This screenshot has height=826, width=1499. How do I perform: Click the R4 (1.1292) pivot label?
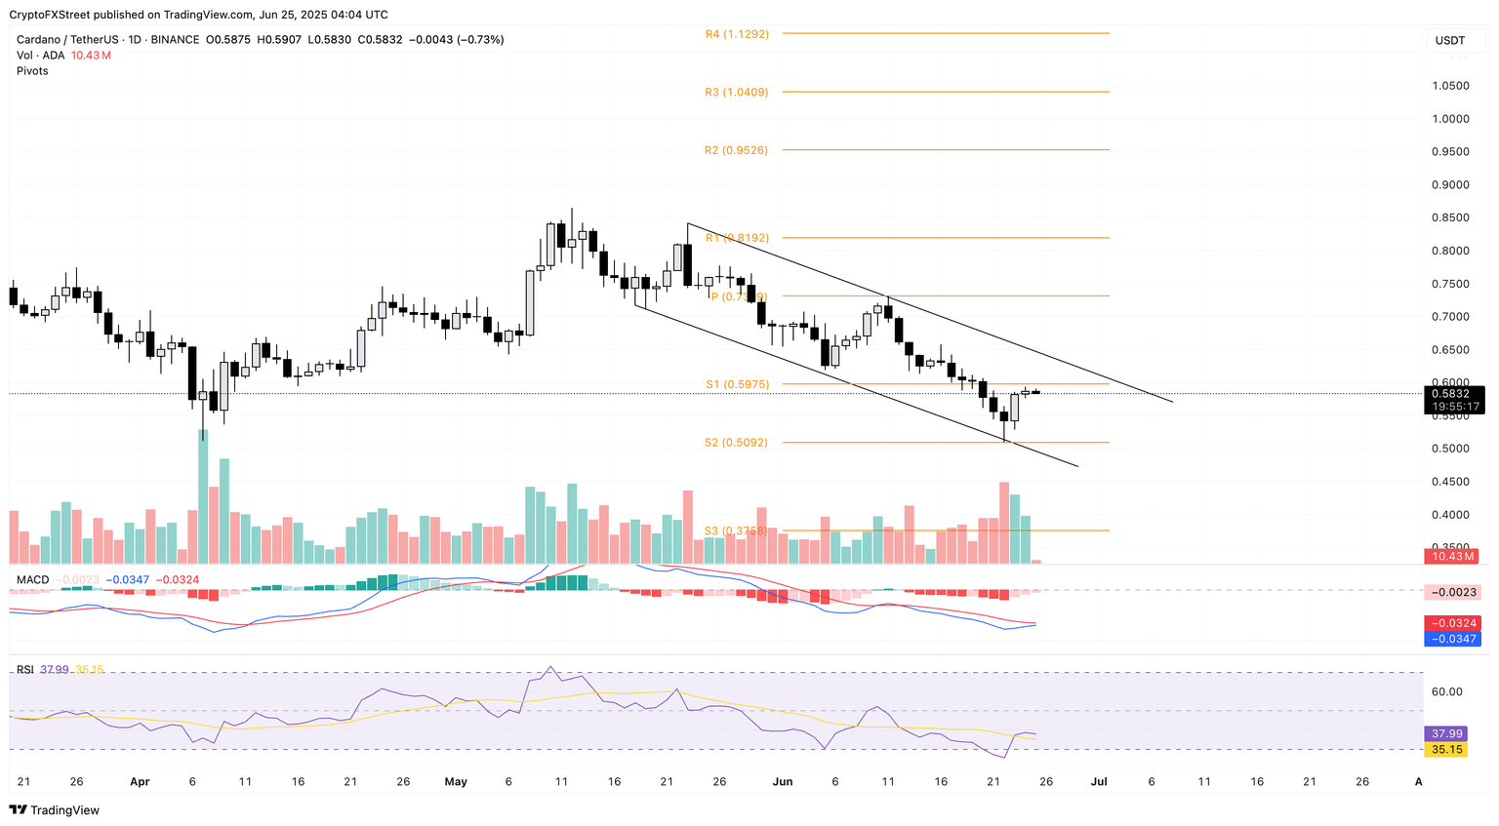(737, 34)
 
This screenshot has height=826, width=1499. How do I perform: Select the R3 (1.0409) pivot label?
(737, 93)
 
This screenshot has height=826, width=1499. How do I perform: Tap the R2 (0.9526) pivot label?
(737, 151)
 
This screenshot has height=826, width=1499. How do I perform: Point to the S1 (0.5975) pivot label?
(737, 385)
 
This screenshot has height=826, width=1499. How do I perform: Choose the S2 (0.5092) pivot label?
(737, 443)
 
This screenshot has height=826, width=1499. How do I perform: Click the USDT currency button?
(1449, 40)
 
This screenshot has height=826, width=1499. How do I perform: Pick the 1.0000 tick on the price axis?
(1450, 119)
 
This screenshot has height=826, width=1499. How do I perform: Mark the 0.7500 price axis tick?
(1450, 284)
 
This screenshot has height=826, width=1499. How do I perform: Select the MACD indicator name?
(32, 580)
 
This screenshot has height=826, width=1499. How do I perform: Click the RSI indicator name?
(24, 670)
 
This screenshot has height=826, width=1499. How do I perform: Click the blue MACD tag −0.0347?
(1453, 639)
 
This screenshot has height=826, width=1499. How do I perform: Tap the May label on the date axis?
(456, 782)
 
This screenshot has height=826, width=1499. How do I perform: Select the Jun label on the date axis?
(782, 782)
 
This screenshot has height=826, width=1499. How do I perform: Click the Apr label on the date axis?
(140, 782)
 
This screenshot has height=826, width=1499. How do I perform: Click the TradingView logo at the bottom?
(55, 810)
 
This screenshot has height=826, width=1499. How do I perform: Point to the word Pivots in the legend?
(32, 71)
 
